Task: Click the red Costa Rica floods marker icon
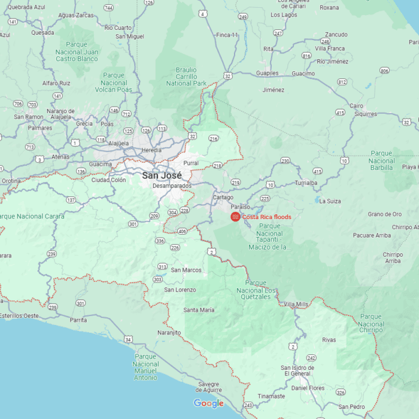(236, 217)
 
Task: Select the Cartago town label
(223, 197)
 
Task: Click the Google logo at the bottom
(208, 403)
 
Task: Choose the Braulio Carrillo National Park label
(186, 77)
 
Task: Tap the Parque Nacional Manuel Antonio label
(145, 367)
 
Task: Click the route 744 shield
(108, 8)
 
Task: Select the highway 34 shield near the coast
(129, 339)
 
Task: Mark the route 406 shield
(183, 231)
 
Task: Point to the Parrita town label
(78, 320)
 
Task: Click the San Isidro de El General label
(296, 371)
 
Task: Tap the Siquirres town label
(365, 114)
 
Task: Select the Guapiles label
(267, 73)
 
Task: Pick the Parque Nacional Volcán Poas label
(114, 83)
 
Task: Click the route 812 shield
(342, 81)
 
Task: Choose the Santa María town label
(199, 309)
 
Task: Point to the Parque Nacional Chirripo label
(371, 323)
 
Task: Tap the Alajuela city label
(117, 143)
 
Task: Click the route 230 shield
(286, 160)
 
